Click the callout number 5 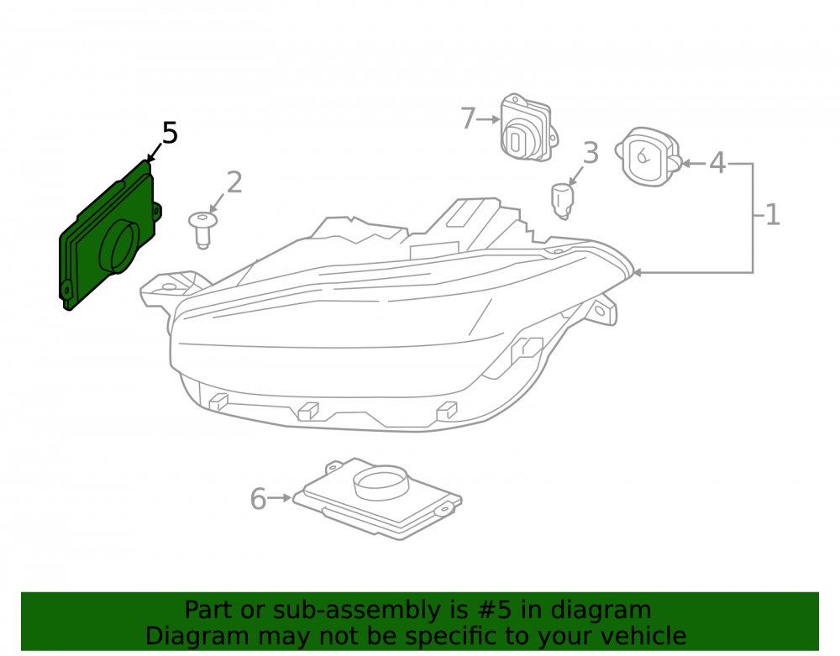pos(170,133)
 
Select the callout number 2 pos(234,182)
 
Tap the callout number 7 pos(468,118)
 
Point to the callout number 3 pos(591,153)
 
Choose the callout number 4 pos(717,162)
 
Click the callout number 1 pos(772,215)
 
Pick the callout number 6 pos(258,499)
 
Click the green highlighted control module pos(109,236)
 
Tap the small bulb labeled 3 pos(562,201)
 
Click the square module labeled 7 pos(528,128)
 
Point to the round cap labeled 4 pos(648,157)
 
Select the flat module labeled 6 pos(377,499)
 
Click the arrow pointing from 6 pos(279,498)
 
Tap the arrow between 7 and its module pos(488,119)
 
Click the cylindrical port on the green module pos(119,246)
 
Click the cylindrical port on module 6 pos(381,482)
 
